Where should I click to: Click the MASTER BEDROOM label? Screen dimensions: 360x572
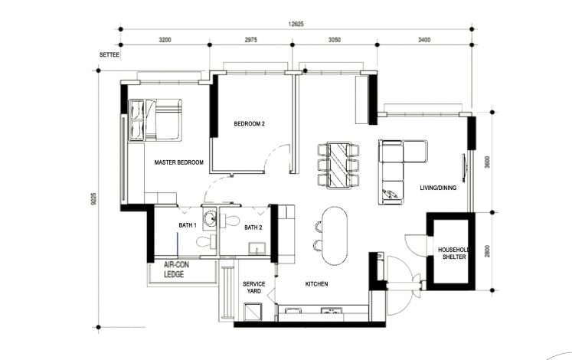click(178, 162)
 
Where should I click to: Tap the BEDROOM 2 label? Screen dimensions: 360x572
click(249, 124)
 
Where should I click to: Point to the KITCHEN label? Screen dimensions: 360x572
click(316, 284)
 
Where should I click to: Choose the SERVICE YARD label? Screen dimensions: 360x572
click(253, 288)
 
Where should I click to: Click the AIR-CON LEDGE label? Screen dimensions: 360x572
click(177, 269)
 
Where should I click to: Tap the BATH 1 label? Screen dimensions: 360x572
click(188, 225)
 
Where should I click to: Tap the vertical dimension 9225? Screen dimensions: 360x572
click(94, 202)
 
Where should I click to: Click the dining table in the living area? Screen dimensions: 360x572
click(338, 164)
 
